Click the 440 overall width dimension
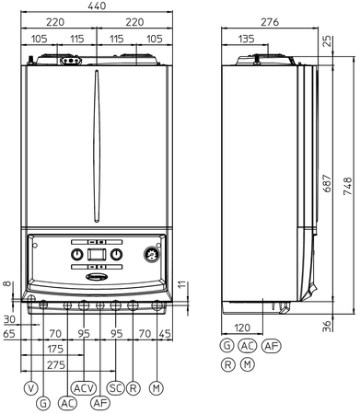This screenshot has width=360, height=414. (97, 6)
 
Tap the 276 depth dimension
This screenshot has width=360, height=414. (270, 22)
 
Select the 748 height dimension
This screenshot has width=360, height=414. (348, 186)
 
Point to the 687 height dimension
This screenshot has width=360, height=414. (328, 183)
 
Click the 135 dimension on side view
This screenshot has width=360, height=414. (247, 39)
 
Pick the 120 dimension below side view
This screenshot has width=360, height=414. (242, 328)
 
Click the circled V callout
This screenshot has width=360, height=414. (31, 388)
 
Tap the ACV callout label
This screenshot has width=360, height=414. (84, 388)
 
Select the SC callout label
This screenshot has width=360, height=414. (116, 388)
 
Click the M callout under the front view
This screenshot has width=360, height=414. (157, 388)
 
